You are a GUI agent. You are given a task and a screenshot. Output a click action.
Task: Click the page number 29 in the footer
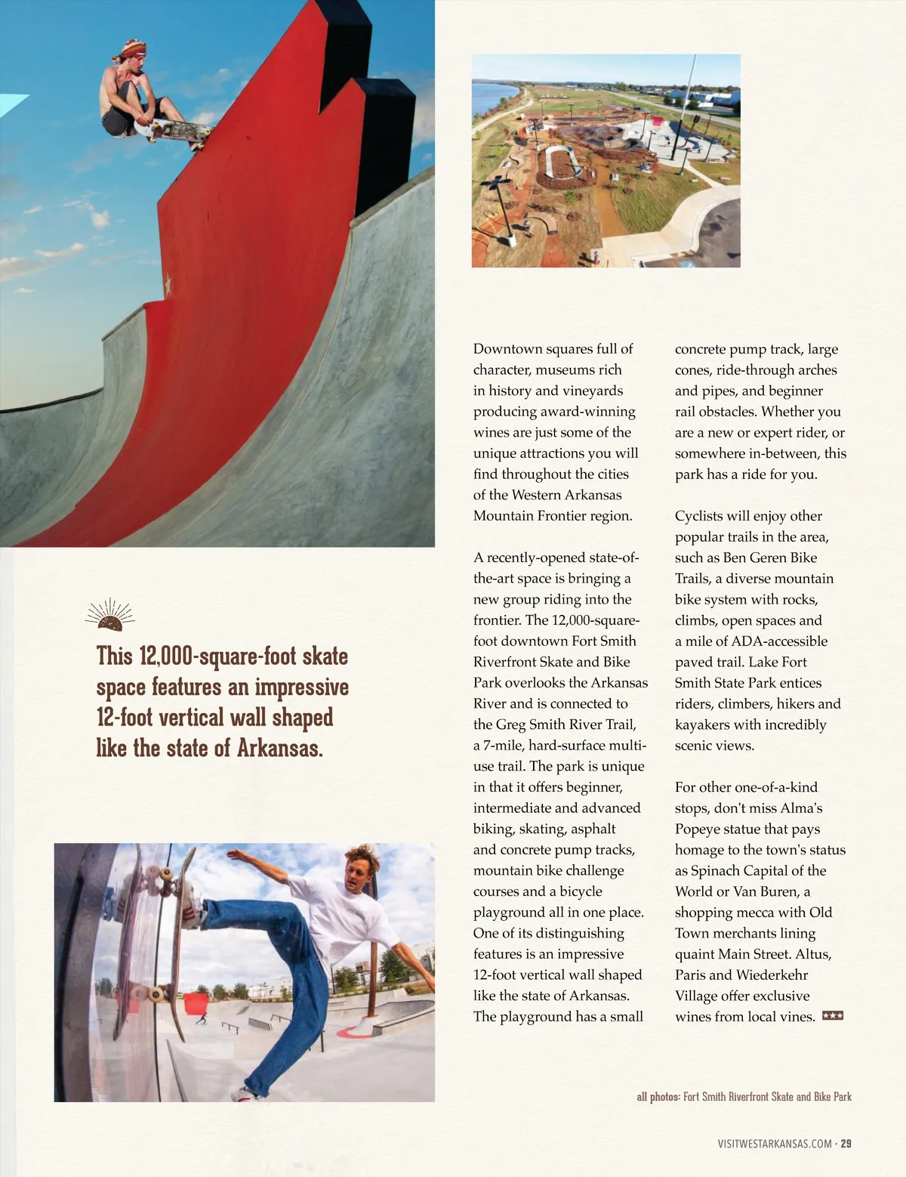846,1144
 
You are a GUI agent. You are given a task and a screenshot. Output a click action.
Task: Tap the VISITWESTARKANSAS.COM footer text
775,1144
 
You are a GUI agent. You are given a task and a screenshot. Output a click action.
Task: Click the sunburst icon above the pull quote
110,616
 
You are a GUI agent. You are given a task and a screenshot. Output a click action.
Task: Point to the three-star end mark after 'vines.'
832,1016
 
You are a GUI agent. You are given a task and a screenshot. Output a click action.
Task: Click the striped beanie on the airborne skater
133,51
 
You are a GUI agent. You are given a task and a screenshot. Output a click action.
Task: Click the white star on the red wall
168,284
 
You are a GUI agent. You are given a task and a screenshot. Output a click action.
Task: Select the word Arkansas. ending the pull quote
280,749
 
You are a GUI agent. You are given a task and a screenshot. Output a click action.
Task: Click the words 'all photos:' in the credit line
658,1097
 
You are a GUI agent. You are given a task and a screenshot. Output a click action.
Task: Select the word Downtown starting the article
507,349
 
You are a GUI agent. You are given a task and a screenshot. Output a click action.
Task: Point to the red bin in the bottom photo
195,1005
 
